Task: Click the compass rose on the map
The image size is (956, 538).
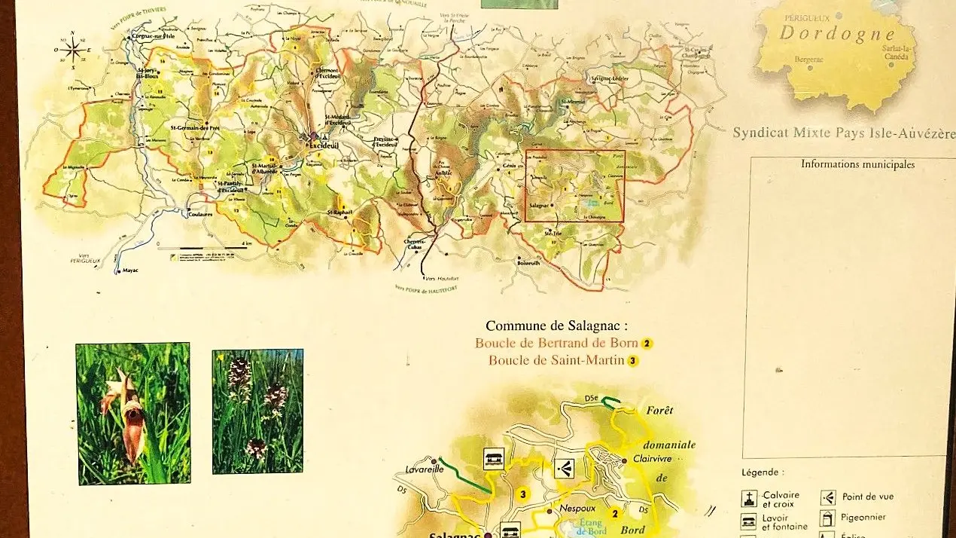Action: point(72,50)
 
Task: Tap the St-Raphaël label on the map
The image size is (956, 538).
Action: point(340,213)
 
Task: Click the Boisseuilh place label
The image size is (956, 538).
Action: point(529,263)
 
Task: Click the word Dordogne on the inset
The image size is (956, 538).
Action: point(836,34)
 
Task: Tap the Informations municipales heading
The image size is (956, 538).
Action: point(857,164)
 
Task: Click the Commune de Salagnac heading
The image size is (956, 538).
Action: point(556,326)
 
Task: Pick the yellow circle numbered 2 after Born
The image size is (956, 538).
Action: point(647,344)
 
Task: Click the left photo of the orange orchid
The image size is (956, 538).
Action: point(133,414)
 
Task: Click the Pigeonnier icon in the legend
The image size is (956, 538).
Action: point(828,518)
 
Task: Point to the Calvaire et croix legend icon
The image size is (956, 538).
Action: point(749,499)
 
